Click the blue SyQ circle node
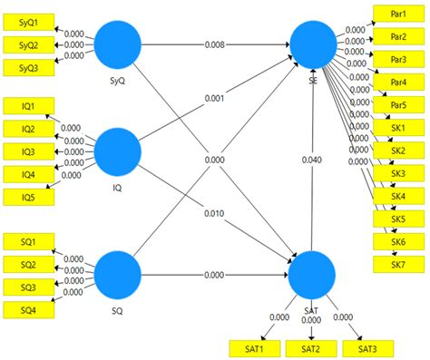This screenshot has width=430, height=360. (118, 43)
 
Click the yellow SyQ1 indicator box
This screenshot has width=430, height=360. (28, 23)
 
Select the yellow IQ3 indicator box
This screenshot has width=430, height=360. (28, 151)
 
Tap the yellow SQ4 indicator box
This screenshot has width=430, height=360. (28, 309)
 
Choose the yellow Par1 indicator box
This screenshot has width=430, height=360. (397, 15)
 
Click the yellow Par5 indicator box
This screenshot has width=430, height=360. (397, 104)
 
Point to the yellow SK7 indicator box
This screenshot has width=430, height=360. (397, 264)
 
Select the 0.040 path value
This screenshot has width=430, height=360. (311, 160)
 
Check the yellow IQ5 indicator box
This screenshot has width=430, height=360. (28, 196)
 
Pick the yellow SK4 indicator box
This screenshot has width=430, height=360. (397, 196)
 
